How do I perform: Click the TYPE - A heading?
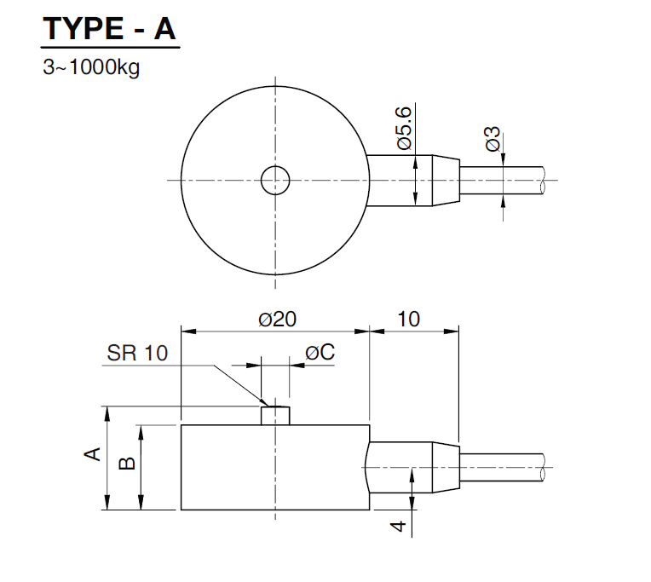(x=110, y=29)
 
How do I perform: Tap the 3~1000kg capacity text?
(x=91, y=66)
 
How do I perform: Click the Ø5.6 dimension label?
(x=404, y=128)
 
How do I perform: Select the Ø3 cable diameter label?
(x=493, y=139)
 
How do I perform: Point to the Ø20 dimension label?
(x=277, y=320)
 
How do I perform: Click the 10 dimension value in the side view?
(x=408, y=320)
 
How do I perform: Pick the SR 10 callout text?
(x=137, y=353)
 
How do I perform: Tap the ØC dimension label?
(x=320, y=353)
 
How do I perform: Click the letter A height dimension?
(x=92, y=453)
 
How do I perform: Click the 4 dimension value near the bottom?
(x=399, y=526)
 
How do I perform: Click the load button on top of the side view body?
(x=275, y=416)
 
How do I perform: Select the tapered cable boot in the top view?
(x=446, y=180)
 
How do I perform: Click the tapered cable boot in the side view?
(x=446, y=467)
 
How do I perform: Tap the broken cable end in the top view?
(x=543, y=180)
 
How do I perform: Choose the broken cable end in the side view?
(x=543, y=468)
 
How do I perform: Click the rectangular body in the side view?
(x=275, y=468)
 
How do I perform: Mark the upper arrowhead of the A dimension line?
(x=107, y=413)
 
